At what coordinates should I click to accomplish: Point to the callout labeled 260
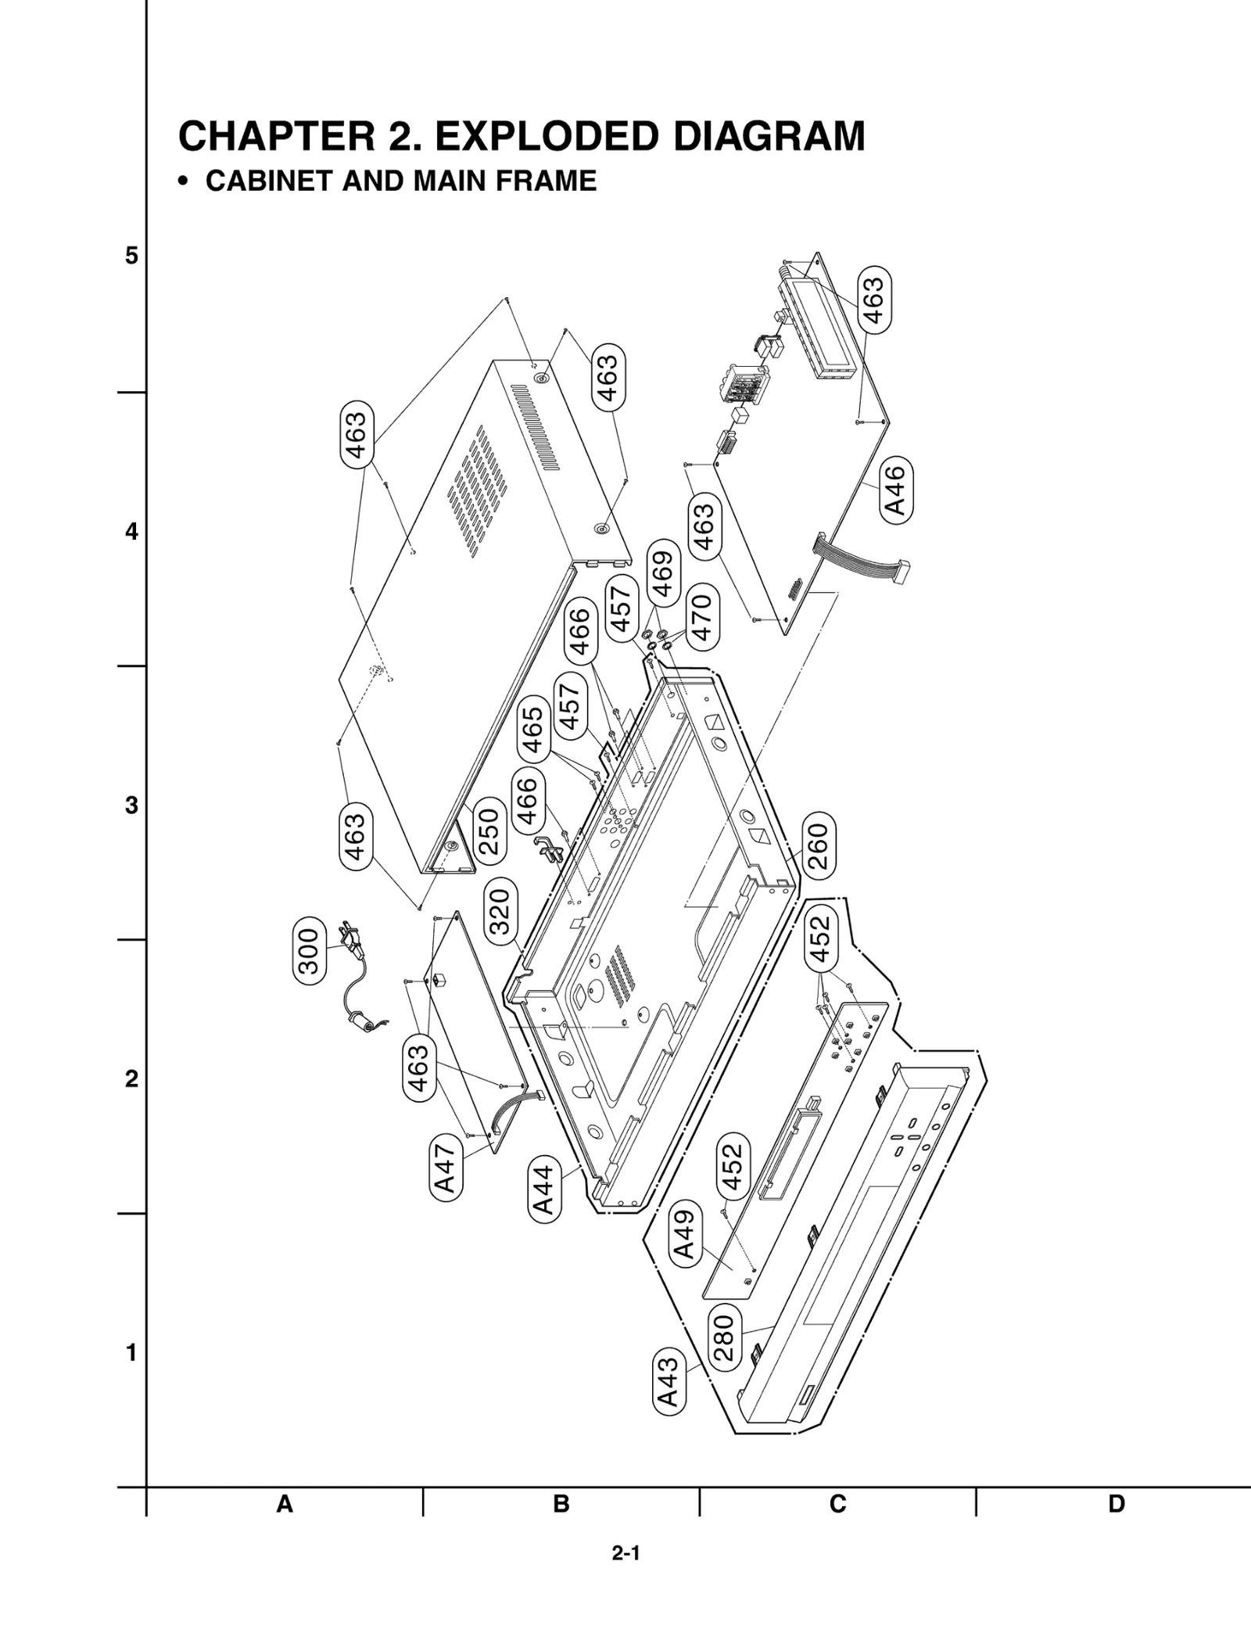click(818, 846)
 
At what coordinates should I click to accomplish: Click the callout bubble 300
click(309, 951)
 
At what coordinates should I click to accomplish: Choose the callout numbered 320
click(499, 911)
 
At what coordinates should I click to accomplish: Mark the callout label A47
click(445, 1168)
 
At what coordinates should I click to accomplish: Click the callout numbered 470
click(701, 617)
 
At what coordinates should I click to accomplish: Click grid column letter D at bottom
click(1115, 1503)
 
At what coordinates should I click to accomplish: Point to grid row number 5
click(131, 256)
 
